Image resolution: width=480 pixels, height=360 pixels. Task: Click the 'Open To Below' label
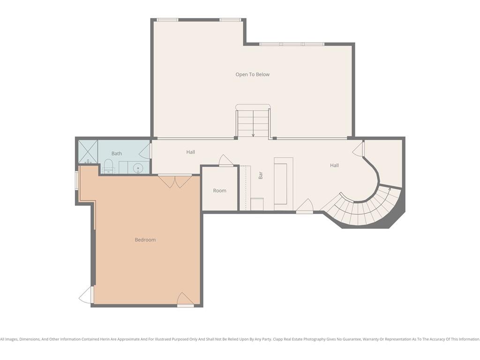(x=253, y=75)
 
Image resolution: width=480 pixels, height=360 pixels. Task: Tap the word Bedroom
(x=145, y=240)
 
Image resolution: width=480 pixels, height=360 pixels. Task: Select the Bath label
(x=117, y=153)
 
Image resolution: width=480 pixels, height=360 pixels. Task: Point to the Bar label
(x=261, y=175)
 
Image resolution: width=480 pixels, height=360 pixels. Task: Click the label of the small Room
(x=219, y=190)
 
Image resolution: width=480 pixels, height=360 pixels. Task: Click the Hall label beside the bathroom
(x=191, y=152)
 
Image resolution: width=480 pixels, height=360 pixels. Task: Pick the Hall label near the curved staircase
(x=334, y=165)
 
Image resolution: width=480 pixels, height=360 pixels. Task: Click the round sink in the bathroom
(x=138, y=168)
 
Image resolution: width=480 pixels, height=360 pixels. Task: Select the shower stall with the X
(x=88, y=151)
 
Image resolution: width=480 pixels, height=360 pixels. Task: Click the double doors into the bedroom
(x=175, y=181)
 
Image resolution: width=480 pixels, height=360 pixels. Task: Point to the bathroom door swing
(x=145, y=151)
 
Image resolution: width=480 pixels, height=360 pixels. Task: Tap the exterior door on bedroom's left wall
(x=86, y=295)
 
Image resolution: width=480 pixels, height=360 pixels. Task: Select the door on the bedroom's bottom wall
(x=185, y=299)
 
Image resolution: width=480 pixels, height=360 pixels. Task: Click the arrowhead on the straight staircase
(x=253, y=135)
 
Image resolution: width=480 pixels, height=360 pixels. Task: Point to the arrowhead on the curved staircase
(x=390, y=189)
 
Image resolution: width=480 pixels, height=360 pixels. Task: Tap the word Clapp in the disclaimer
(x=278, y=339)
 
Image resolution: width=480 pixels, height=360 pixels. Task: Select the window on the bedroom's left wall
(x=77, y=181)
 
